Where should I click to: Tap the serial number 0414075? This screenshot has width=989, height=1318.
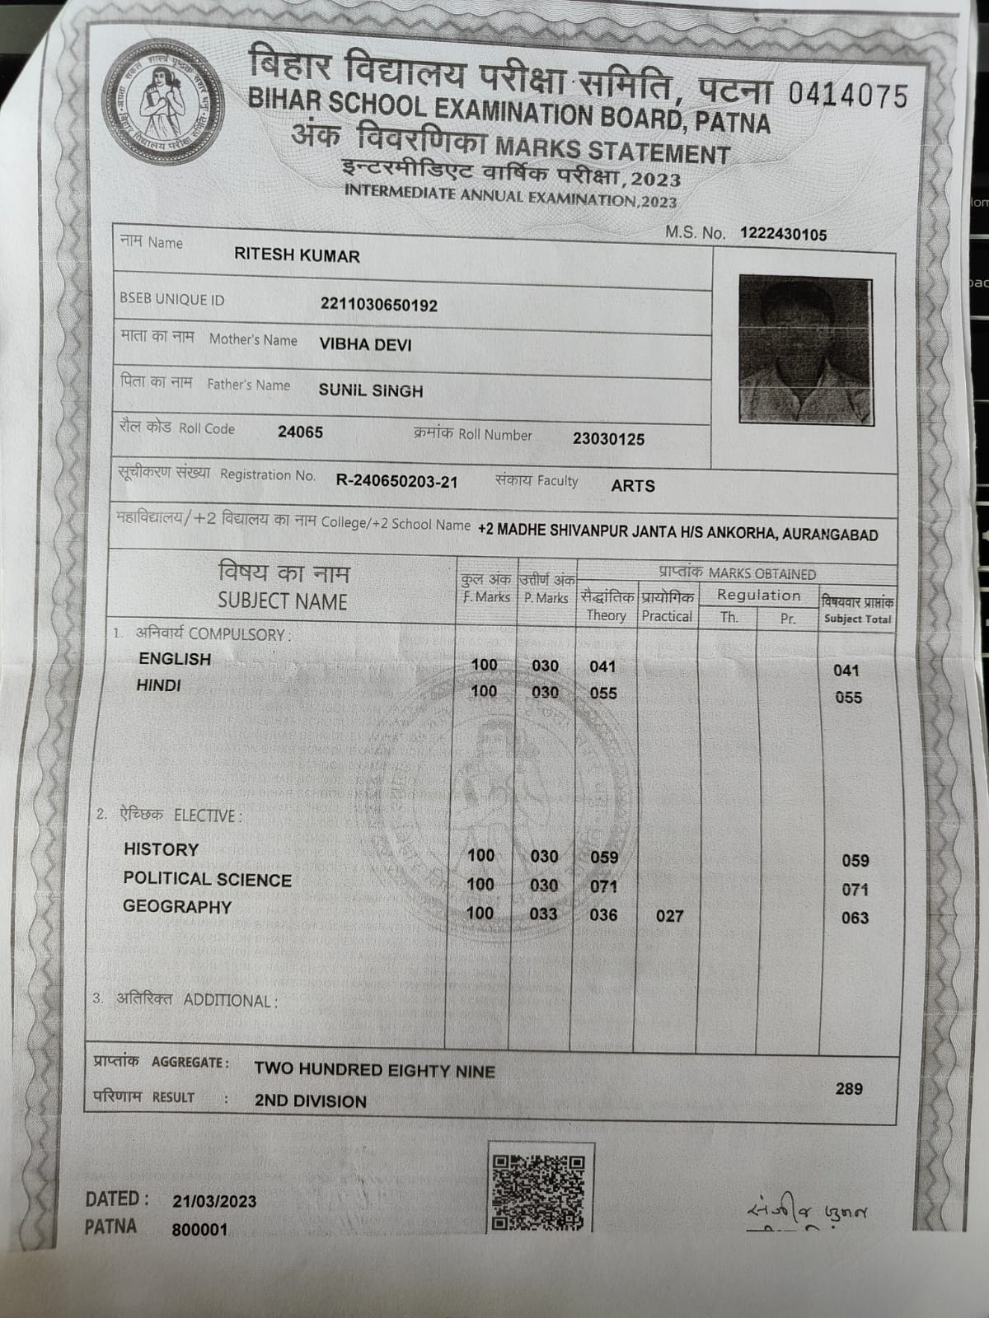click(x=847, y=96)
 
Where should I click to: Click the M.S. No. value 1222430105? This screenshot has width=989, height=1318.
click(x=783, y=235)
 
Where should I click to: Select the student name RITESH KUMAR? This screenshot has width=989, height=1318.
click(x=297, y=255)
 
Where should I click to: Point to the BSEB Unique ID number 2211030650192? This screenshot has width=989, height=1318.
click(x=379, y=306)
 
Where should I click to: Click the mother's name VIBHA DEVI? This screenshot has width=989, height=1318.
click(x=365, y=345)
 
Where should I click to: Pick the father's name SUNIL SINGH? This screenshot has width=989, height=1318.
click(x=371, y=391)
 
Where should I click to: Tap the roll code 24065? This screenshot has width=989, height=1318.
click(x=300, y=432)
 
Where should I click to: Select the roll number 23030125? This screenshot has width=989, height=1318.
click(x=608, y=439)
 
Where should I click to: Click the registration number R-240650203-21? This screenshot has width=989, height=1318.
click(x=396, y=482)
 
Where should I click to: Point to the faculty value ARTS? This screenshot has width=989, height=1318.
click(x=633, y=486)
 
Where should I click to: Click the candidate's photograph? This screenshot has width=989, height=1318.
click(x=805, y=350)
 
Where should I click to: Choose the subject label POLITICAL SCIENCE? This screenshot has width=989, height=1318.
click(x=207, y=880)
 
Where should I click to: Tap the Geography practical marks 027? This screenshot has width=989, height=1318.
click(x=669, y=916)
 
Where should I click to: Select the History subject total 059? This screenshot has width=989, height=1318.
click(x=855, y=861)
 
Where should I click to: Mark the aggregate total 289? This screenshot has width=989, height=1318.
click(x=849, y=1089)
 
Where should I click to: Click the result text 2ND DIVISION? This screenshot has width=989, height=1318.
click(x=310, y=1101)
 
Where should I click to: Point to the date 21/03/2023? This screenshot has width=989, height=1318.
click(x=214, y=1202)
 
